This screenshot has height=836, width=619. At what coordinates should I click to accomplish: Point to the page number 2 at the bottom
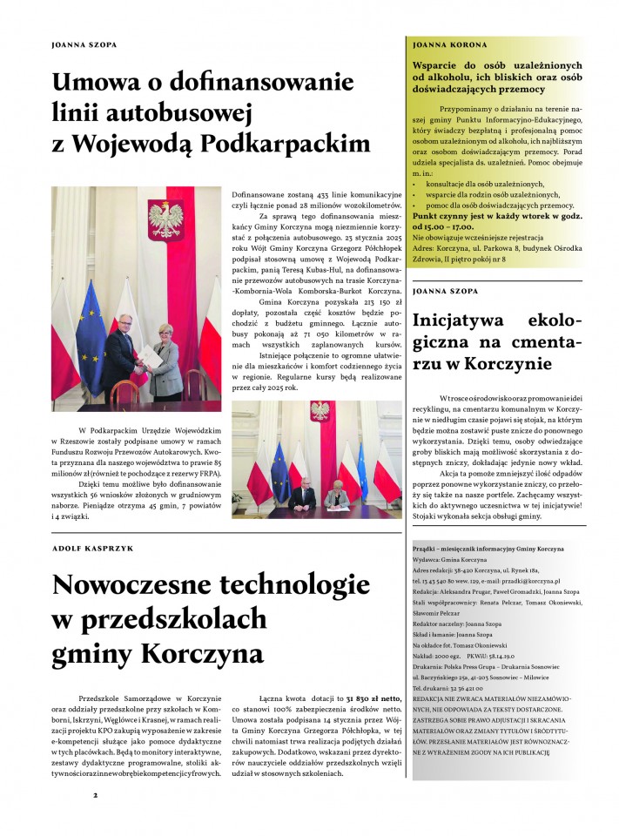96,795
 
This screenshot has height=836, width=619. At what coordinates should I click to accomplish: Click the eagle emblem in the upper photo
165,216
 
